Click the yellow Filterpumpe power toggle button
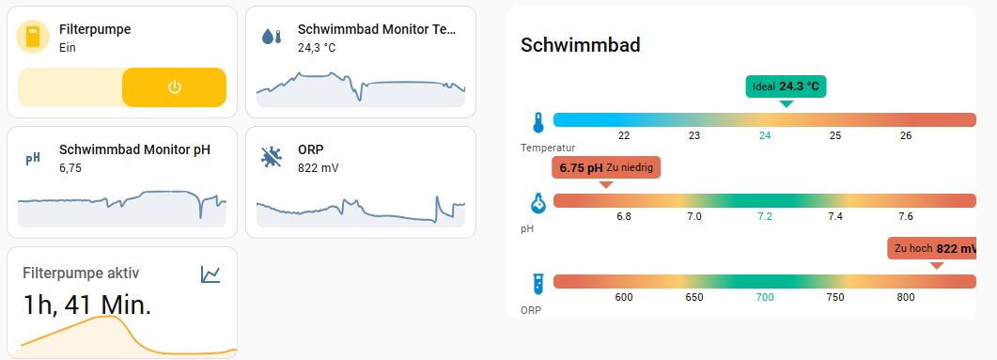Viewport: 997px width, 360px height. click(x=174, y=87)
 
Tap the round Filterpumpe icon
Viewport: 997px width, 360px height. click(x=33, y=37)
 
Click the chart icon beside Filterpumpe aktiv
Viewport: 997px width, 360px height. click(x=210, y=274)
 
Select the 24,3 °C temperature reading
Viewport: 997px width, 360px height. click(x=316, y=47)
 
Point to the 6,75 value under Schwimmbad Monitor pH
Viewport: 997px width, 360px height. click(x=70, y=168)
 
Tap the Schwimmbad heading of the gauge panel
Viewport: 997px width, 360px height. click(x=581, y=45)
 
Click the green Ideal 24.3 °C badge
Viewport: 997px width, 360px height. click(x=786, y=86)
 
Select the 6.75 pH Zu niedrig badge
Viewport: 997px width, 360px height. click(x=607, y=168)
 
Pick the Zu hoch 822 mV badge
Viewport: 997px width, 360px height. click(x=931, y=249)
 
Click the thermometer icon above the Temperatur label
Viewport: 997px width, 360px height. click(x=538, y=122)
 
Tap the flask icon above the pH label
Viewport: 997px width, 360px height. click(x=538, y=203)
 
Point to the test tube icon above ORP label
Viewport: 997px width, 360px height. click(x=538, y=284)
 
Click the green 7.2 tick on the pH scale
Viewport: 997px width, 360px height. click(x=765, y=216)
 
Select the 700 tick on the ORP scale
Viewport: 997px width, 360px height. click(x=765, y=297)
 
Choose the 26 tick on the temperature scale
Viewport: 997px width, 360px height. click(x=906, y=135)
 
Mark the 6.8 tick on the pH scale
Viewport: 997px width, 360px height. click(x=624, y=216)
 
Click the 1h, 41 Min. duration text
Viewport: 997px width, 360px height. click(x=87, y=305)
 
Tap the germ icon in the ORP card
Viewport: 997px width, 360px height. click(x=273, y=157)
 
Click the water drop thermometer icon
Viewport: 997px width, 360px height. click(x=272, y=36)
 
